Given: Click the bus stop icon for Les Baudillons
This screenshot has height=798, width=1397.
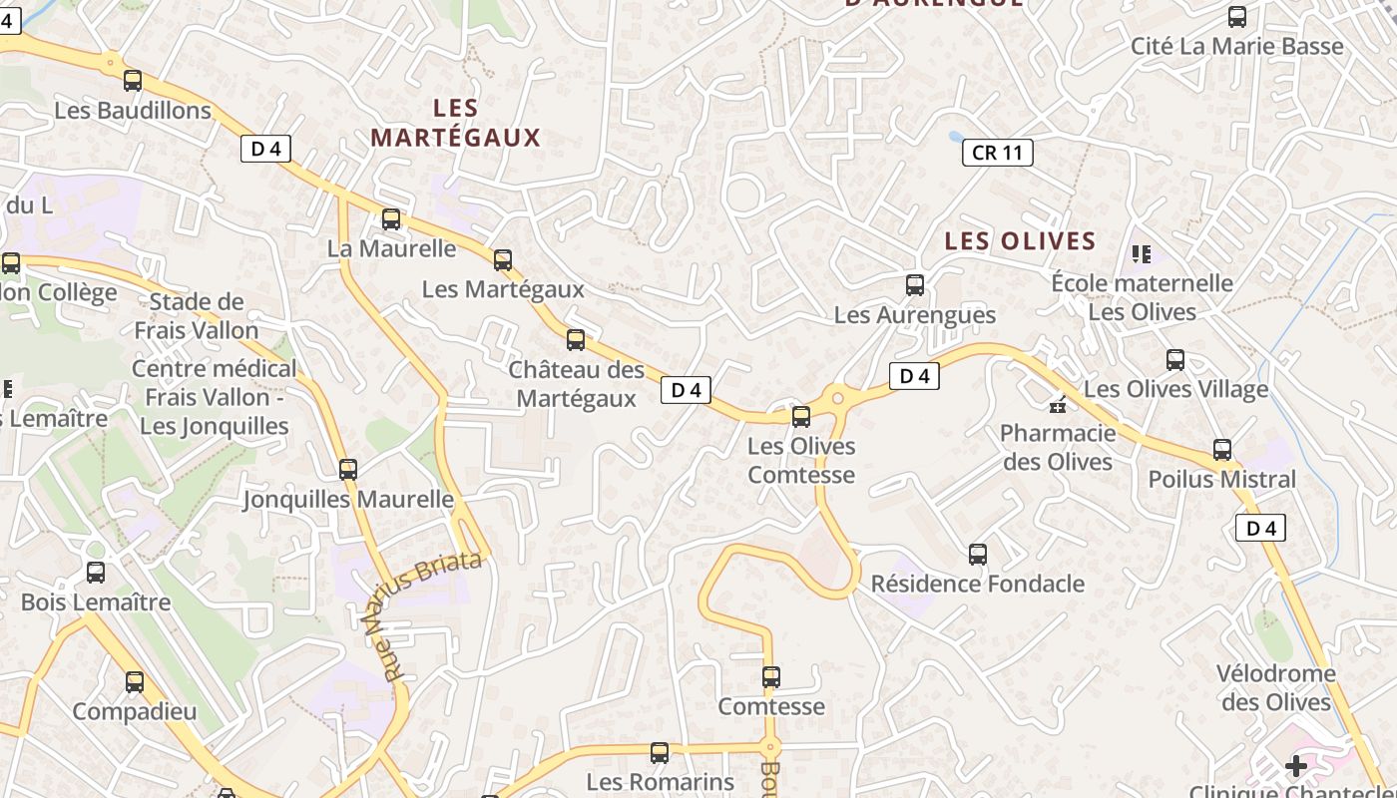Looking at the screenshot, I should [x=133, y=81].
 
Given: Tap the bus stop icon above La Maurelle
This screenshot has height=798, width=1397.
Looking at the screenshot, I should [x=391, y=219].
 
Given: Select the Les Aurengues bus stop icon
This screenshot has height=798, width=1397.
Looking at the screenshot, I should [x=915, y=285].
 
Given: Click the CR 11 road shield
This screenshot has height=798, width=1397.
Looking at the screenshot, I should [x=997, y=153].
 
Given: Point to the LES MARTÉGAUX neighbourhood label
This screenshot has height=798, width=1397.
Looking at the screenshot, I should [x=455, y=123].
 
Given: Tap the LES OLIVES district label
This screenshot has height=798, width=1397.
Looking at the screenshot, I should [x=1020, y=240].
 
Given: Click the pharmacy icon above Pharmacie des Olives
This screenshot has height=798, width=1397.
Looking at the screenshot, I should [x=1057, y=405].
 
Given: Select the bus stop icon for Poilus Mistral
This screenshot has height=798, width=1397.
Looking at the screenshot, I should [x=1222, y=450].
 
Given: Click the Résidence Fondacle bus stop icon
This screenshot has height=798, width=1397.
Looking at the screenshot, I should [x=978, y=554].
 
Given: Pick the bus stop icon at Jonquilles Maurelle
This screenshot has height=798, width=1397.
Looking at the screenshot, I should [x=348, y=469].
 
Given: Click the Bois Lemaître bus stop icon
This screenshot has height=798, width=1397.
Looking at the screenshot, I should [x=96, y=573].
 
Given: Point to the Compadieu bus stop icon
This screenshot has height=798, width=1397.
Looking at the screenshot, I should [x=135, y=682].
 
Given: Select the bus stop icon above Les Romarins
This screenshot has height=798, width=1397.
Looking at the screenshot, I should [x=660, y=753].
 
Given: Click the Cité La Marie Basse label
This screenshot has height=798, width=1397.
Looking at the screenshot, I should [x=1236, y=46].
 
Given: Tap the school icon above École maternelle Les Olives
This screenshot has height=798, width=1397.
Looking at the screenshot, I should [x=1142, y=254].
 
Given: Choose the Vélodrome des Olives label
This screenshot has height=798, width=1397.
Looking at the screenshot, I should [x=1276, y=687].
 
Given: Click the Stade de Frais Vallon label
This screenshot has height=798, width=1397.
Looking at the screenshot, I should [x=197, y=315].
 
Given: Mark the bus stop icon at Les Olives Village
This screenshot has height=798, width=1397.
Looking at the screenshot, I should [x=1175, y=360].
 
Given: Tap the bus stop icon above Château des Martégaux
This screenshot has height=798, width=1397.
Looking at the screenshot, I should [x=576, y=340].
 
